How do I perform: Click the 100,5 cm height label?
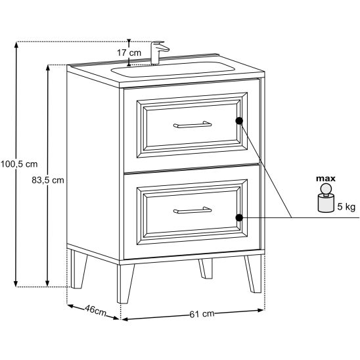click(19, 164)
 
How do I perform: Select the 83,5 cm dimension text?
click(48, 180)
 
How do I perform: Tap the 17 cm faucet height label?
click(129, 53)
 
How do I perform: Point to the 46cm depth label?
click(95, 310)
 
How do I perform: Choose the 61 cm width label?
click(202, 314)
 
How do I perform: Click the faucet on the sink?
click(159, 53)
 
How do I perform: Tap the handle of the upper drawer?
click(192, 124)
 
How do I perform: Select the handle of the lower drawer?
click(192, 210)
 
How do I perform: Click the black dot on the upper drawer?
click(239, 120)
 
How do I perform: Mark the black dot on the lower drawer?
click(239, 217)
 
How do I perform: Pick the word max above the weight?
click(326, 179)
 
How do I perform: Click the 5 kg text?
click(346, 207)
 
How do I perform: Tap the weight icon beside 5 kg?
click(326, 198)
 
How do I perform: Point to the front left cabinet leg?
click(125, 284)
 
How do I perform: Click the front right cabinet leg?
click(254, 274)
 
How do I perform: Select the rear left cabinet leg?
click(78, 269)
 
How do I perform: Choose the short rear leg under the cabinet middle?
click(206, 269)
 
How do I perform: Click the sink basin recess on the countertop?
click(173, 68)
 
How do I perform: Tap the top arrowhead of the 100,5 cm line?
click(16, 44)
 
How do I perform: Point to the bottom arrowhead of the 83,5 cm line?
click(47, 284)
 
